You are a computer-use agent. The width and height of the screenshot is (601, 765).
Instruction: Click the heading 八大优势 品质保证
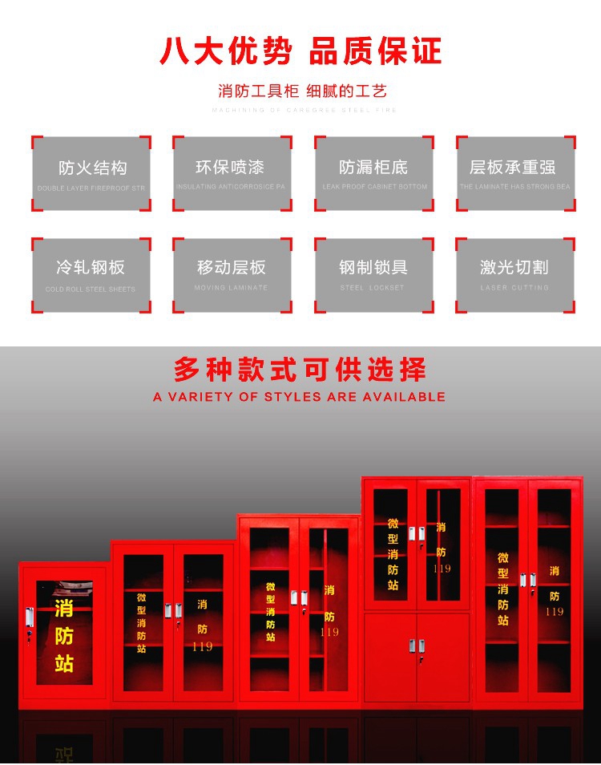[300, 51]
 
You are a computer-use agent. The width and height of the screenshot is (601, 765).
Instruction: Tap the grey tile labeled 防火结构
[91, 174]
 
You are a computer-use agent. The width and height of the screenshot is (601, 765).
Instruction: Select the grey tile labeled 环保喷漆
[231, 174]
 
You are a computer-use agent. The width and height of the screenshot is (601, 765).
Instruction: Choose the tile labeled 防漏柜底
[373, 174]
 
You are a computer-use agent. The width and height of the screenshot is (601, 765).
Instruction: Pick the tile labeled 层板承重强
[514, 174]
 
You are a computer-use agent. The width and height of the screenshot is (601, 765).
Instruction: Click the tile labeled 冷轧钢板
[91, 274]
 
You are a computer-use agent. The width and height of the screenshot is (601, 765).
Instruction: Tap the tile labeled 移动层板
[231, 274]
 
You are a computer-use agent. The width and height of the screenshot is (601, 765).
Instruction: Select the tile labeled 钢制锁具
[373, 274]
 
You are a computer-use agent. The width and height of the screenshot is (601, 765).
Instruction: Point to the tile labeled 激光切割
[514, 274]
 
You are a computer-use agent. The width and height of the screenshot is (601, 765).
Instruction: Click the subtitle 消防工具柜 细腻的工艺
[302, 91]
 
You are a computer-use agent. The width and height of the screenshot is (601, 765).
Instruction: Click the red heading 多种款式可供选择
[300, 370]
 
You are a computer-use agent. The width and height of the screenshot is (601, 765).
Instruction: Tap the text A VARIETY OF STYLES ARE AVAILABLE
[299, 396]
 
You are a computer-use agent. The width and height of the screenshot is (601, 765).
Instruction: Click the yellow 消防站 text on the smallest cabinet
[64, 634]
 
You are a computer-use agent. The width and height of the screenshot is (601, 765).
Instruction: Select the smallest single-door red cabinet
[63, 633]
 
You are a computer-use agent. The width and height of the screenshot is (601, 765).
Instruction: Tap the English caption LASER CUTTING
[514, 287]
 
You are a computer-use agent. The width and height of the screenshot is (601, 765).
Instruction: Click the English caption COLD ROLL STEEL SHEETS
[91, 289]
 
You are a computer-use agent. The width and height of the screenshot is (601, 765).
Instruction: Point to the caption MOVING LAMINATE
[231, 287]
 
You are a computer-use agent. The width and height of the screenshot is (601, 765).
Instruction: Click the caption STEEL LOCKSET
[373, 287]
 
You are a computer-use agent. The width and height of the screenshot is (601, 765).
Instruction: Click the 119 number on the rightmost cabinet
[555, 612]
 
